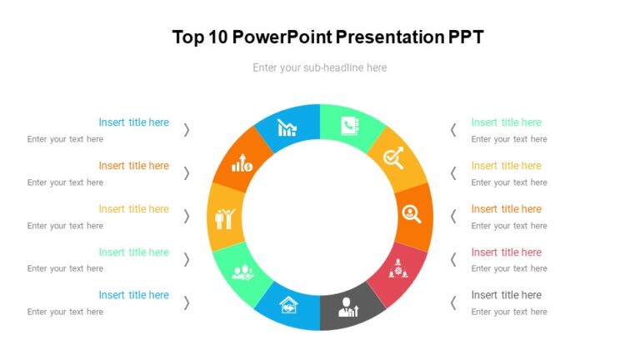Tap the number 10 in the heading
219,37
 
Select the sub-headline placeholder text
319,67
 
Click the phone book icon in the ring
349,127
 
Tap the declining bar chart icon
287,127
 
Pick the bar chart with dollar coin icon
242,162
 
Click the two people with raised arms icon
226,217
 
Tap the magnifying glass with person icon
412,214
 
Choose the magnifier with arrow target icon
393,157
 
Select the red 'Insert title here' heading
506,252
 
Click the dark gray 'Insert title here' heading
506,295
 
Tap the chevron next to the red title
453,259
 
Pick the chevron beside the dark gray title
453,302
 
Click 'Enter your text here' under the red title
509,268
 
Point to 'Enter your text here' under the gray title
509,312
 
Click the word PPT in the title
466,37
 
